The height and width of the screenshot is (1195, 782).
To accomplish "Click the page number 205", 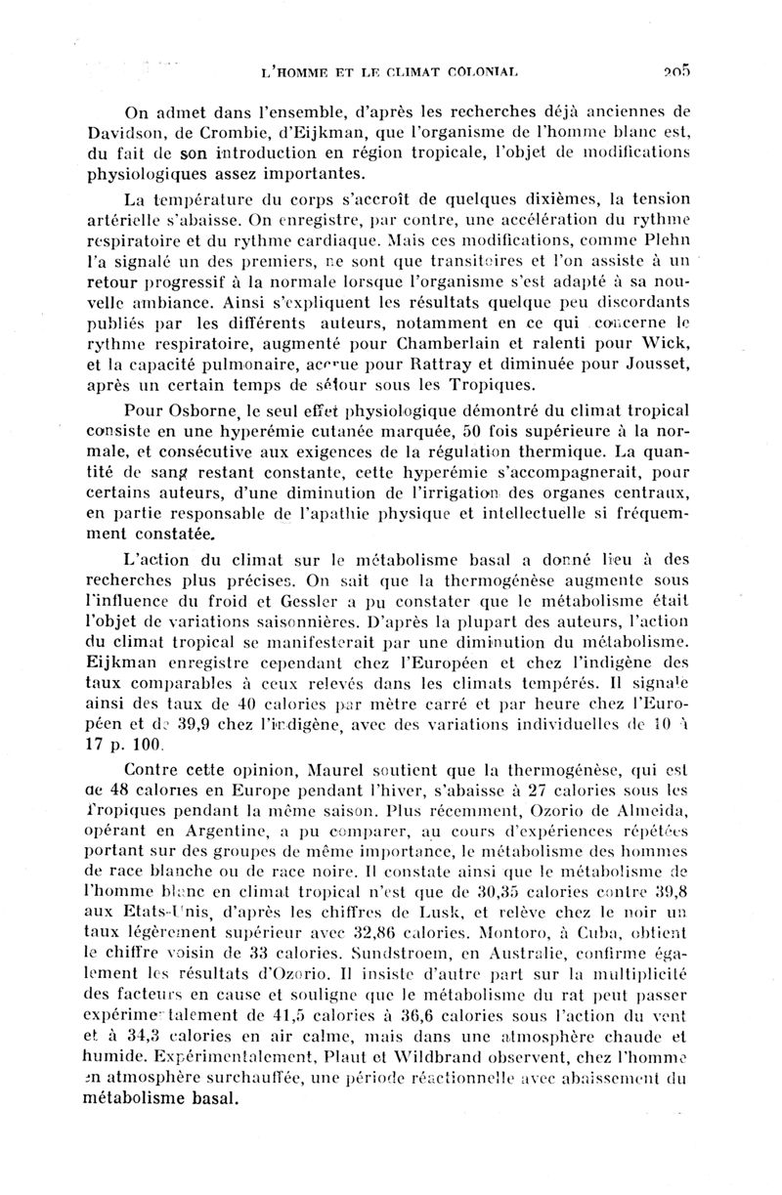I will [674, 70].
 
